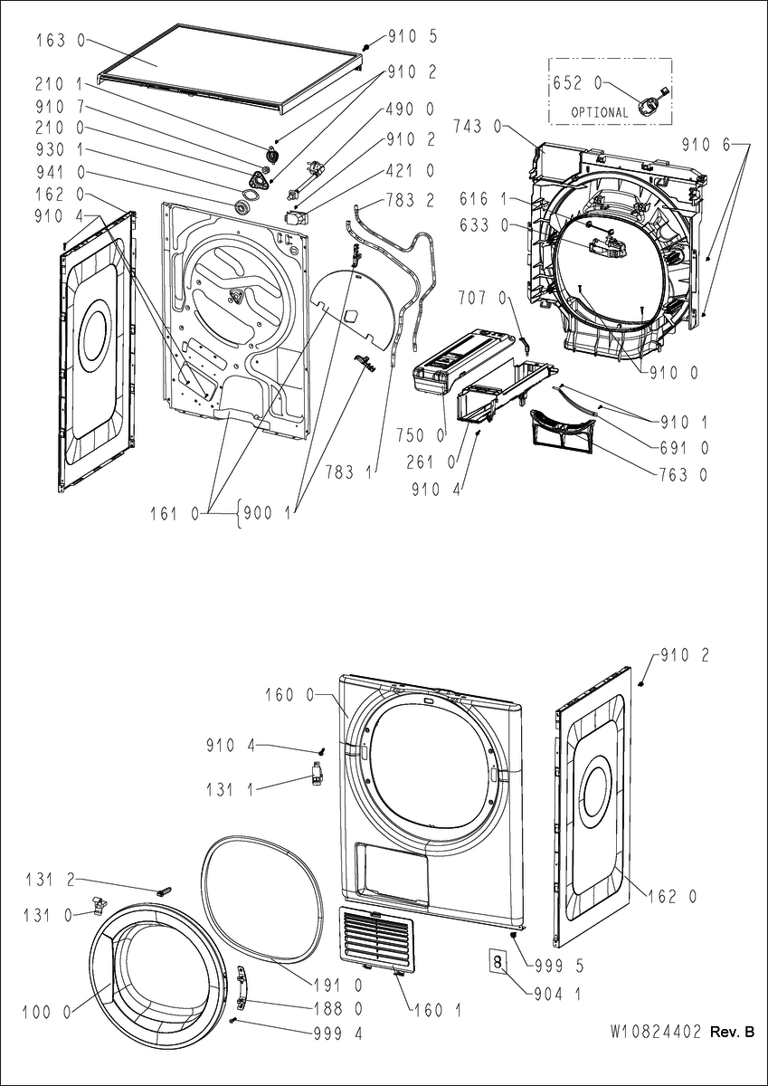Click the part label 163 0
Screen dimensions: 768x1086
(x=60, y=40)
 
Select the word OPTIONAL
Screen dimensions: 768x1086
(x=600, y=112)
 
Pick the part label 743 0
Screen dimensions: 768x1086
(x=479, y=127)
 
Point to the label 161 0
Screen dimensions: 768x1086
(x=175, y=514)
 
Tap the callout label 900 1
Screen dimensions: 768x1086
(x=267, y=513)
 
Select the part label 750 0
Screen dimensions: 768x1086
(x=420, y=436)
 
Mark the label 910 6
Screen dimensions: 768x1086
(x=705, y=145)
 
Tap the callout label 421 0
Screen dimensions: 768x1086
(x=411, y=171)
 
